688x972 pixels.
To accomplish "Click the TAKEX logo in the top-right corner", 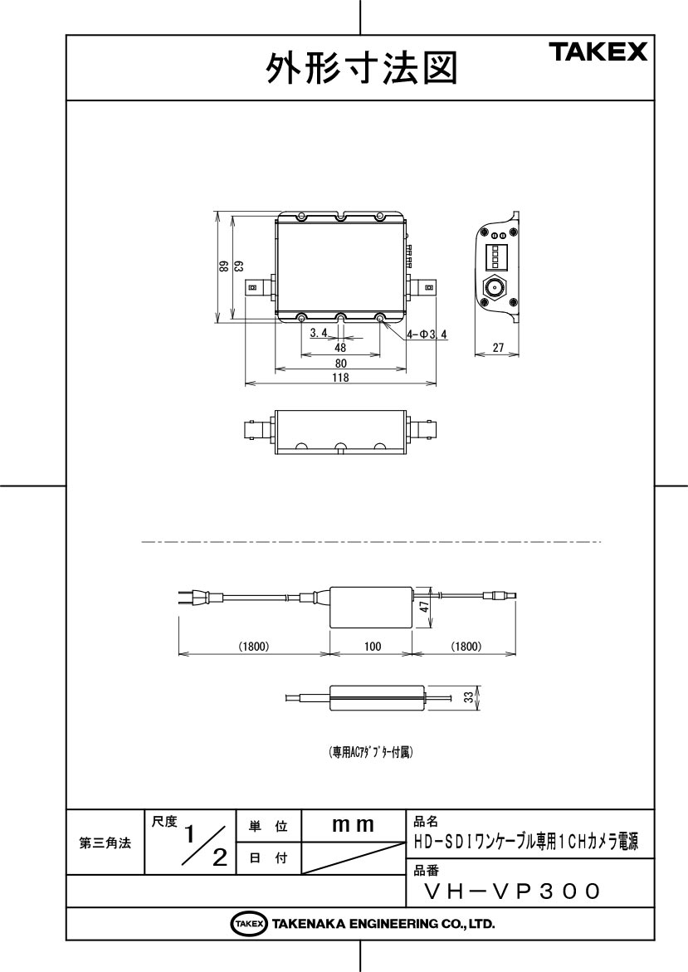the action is pos(598,51).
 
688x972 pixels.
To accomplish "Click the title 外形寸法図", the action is pos(363,68).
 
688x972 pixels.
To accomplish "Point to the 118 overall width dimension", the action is pos(340,377).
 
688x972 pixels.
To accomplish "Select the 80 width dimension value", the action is pos(340,364).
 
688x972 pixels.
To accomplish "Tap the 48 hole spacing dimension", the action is pos(340,348).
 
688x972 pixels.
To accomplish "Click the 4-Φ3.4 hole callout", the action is pos(427,335).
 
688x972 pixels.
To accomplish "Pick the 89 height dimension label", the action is pos(222,266).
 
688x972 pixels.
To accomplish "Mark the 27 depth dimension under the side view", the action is pos(498,348).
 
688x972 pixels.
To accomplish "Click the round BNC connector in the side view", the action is pos(494,288).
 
